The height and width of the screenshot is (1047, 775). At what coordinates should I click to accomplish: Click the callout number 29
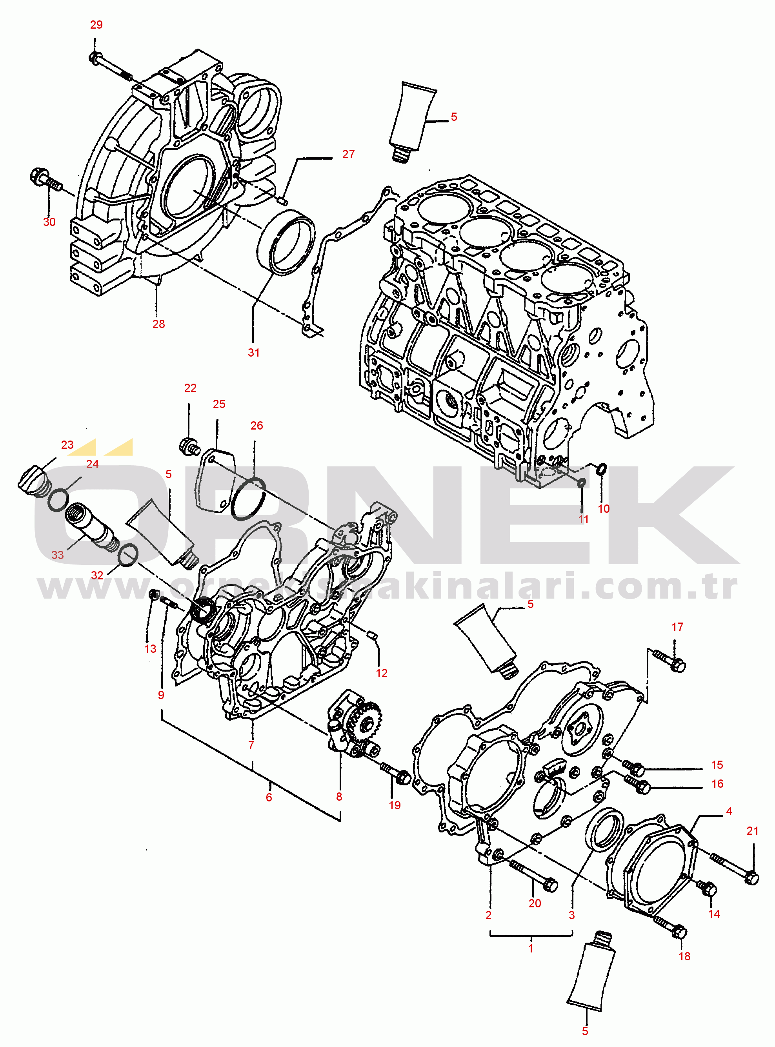pyautogui.click(x=96, y=24)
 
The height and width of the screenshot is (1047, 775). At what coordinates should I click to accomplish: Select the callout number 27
pyautogui.click(x=348, y=154)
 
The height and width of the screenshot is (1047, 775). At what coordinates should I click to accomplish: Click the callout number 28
pyautogui.click(x=158, y=324)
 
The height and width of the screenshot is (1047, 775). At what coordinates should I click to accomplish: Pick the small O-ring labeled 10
pyautogui.click(x=601, y=468)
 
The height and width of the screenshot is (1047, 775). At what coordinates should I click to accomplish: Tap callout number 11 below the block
pyautogui.click(x=583, y=519)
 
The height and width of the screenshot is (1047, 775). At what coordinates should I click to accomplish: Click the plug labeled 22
pyautogui.click(x=189, y=446)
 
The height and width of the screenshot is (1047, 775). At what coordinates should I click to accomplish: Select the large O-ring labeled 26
pyautogui.click(x=249, y=498)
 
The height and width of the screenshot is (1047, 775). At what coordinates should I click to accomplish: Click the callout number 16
pyautogui.click(x=717, y=783)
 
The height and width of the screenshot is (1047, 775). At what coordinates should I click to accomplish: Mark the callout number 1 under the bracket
pyautogui.click(x=531, y=948)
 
